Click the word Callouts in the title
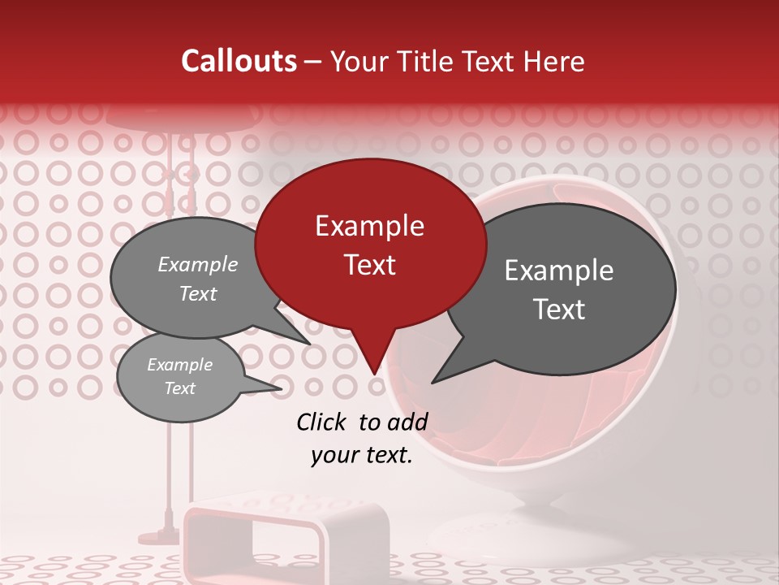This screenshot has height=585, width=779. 239,61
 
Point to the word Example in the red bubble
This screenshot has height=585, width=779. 369,226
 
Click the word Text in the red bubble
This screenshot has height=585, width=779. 369,264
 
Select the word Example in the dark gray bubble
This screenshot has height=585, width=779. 558,271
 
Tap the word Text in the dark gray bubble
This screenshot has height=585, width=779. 560,309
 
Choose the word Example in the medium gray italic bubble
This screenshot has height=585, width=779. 198,264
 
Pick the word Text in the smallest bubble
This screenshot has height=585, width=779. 179,388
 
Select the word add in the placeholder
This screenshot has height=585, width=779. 408,421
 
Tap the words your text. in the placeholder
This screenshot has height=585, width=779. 362,455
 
